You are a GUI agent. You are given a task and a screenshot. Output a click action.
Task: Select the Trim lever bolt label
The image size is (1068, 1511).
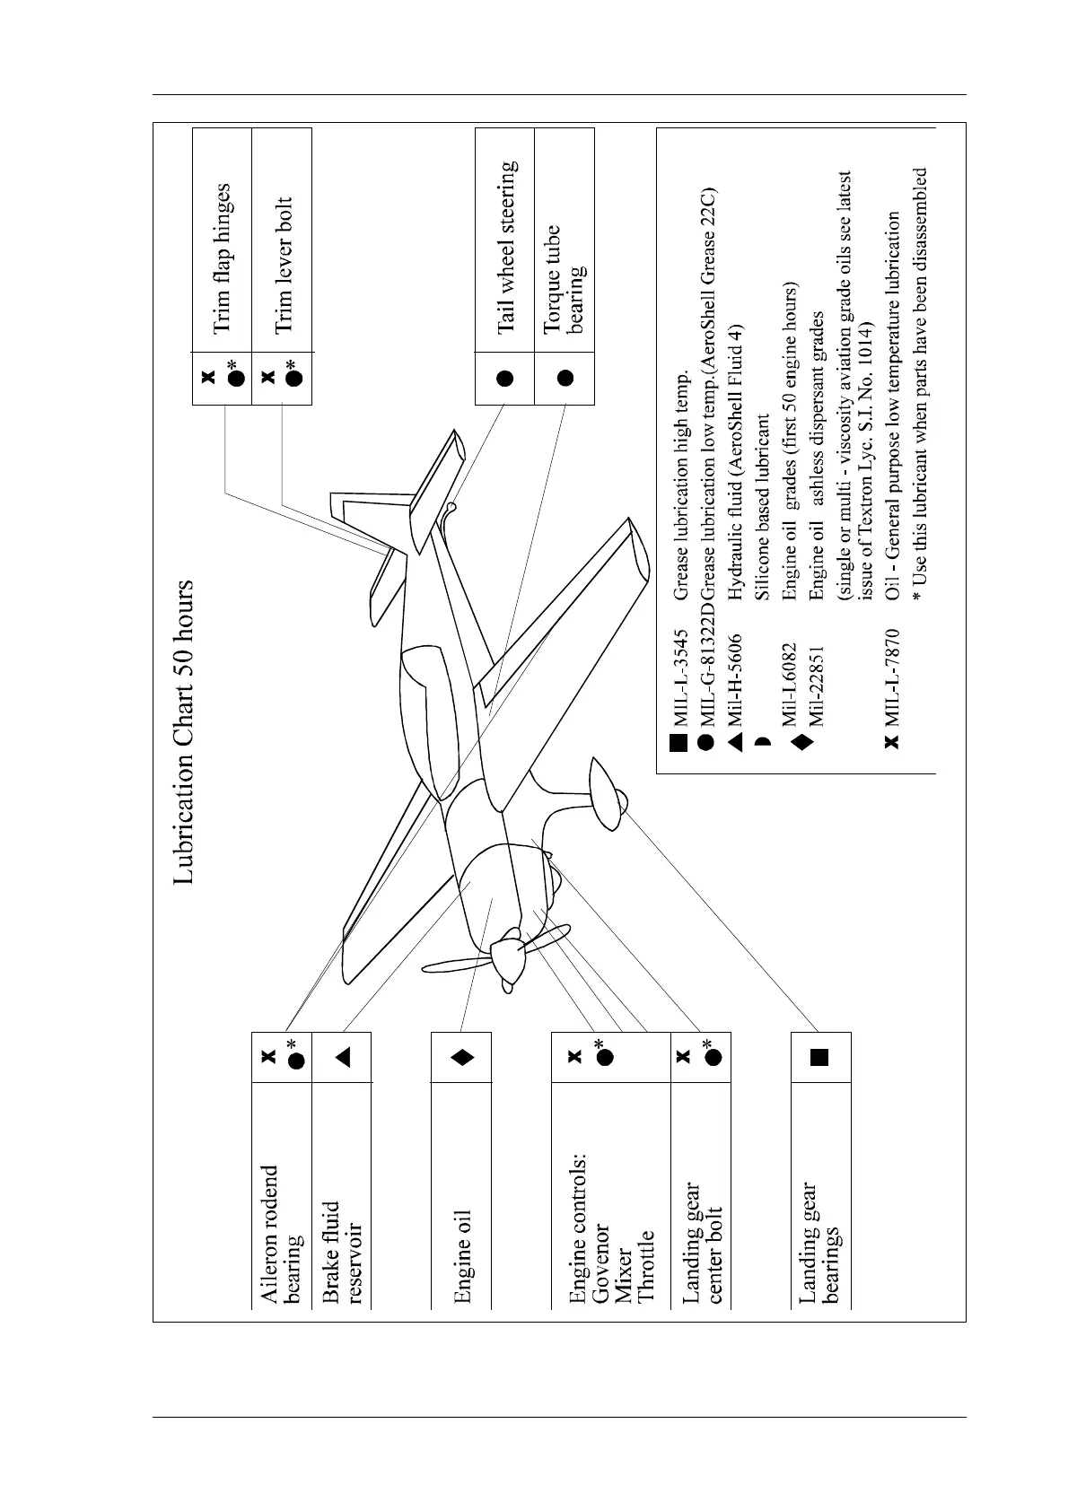coord(283,265)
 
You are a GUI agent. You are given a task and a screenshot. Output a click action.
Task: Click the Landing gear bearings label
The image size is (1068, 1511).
coord(819,1242)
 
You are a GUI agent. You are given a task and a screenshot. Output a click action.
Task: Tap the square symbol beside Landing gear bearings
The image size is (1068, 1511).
coord(819,1057)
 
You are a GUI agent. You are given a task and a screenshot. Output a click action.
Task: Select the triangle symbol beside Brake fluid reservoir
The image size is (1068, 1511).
coord(342,1057)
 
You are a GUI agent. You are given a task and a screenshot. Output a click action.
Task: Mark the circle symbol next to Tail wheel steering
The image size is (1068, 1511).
coord(505,378)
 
